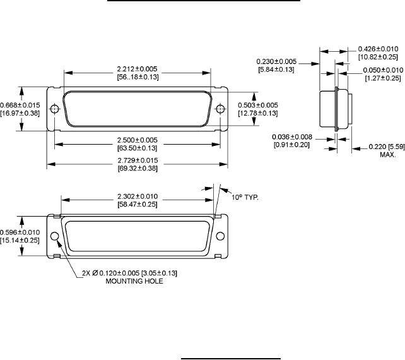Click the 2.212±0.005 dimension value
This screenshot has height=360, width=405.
click(137, 69)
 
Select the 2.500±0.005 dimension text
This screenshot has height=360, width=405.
click(137, 140)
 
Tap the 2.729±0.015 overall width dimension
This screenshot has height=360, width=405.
click(138, 160)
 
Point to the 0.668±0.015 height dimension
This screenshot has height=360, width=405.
click(20, 105)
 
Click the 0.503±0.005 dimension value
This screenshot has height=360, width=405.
click(258, 105)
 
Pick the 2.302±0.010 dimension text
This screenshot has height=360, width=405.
click(138, 196)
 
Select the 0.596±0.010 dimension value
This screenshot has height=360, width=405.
click(20, 232)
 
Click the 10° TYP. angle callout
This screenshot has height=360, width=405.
click(245, 197)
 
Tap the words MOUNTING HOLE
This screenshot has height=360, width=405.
click(134, 281)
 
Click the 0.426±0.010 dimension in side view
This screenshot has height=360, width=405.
click(378, 49)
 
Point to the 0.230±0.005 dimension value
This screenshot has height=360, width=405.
click(276, 61)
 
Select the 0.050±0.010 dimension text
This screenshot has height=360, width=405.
click(383, 70)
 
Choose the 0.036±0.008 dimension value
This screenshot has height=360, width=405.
click(292, 137)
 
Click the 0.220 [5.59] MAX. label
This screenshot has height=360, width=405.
click(387, 150)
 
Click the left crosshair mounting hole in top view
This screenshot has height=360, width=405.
click(54, 109)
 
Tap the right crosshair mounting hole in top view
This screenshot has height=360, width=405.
click(220, 109)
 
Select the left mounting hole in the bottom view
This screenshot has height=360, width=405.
click(54, 236)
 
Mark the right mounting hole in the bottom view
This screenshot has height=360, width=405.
click(220, 236)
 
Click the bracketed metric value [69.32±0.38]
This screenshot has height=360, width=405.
click(138, 169)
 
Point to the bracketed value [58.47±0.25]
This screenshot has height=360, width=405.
click(138, 204)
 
